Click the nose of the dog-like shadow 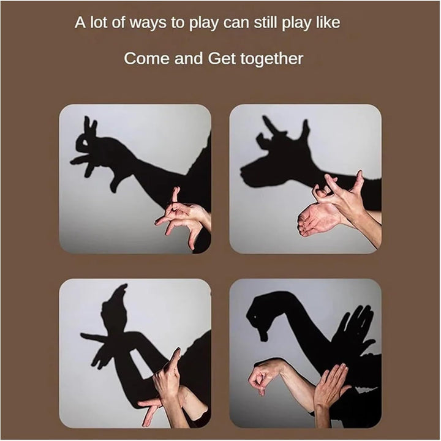pos(244,173)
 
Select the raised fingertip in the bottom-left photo pos(178,351)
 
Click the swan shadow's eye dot pos(255,317)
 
